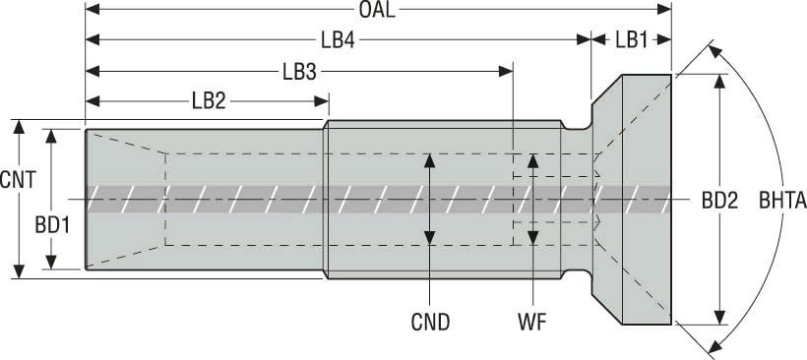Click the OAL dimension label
click(377, 10)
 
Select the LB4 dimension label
click(339, 40)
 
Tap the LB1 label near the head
click(632, 40)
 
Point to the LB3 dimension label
click(299, 73)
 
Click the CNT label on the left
click(18, 180)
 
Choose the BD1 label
click(52, 225)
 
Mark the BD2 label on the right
click(719, 201)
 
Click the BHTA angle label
click(782, 201)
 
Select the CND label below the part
click(430, 323)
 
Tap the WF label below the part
click(532, 323)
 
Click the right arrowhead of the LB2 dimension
click(321, 100)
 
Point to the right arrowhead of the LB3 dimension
click(506, 71)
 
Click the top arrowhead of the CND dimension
click(429, 160)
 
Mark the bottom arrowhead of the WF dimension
click(533, 238)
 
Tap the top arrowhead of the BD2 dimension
click(719, 82)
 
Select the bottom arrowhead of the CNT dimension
click(19, 271)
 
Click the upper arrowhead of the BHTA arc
click(714, 50)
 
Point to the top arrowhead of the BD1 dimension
click(51, 137)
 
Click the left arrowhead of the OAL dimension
click(93, 9)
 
